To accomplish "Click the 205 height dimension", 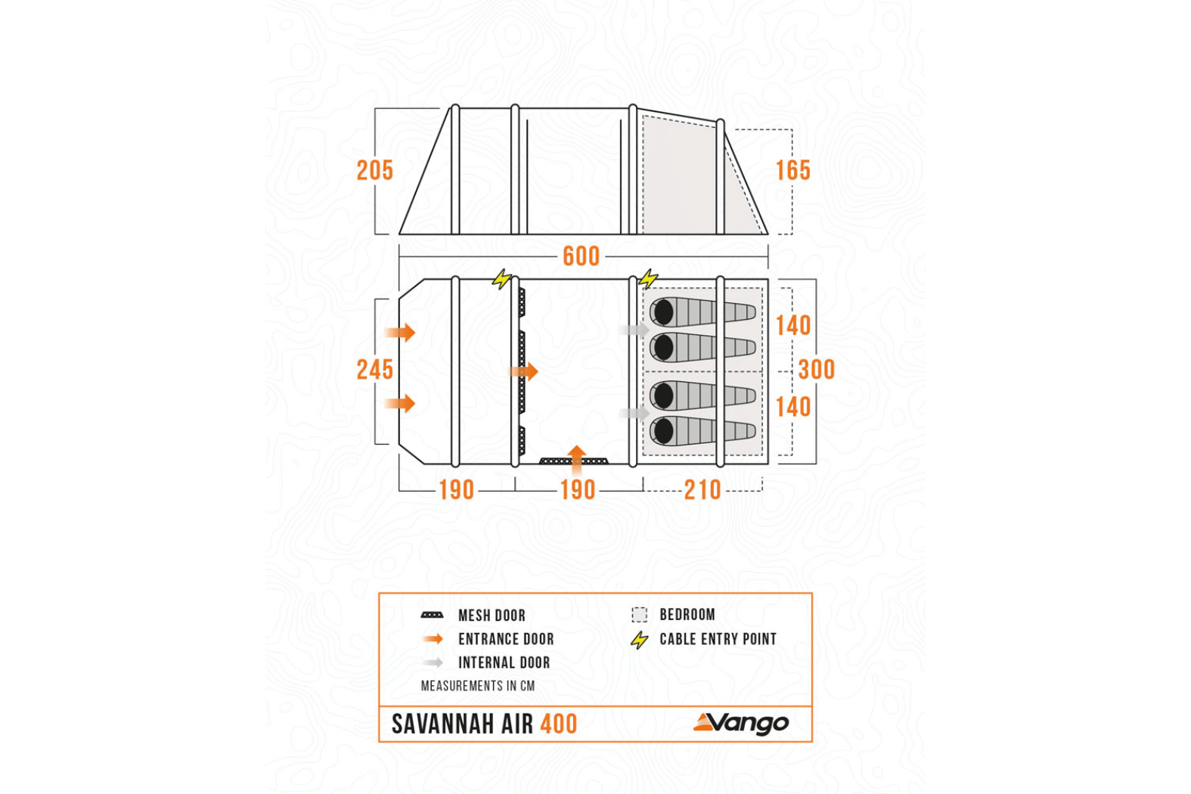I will coord(375,170).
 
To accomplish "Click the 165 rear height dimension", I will coord(792,170).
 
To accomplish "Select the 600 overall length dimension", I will coord(581,256).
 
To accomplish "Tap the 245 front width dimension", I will coord(375,370).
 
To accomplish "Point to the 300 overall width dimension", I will coord(817,370).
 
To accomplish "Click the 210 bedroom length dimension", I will coord(703,490).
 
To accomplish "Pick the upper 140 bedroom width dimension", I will coord(792,326).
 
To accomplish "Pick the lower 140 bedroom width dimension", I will coord(792,408).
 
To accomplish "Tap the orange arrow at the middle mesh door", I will coord(524,371).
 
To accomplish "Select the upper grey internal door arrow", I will coord(634,330).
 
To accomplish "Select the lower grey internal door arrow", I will coord(634,414).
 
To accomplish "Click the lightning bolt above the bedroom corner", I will coord(648,279).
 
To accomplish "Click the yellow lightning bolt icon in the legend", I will coord(640,640).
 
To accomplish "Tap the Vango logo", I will coord(741,724).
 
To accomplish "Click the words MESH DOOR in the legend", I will coord(492,616).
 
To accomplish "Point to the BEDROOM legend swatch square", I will coord(640,615).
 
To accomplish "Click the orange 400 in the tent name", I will coord(559,724).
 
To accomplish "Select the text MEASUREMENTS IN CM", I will coord(478,686).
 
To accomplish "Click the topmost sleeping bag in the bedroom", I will coord(703,312).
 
